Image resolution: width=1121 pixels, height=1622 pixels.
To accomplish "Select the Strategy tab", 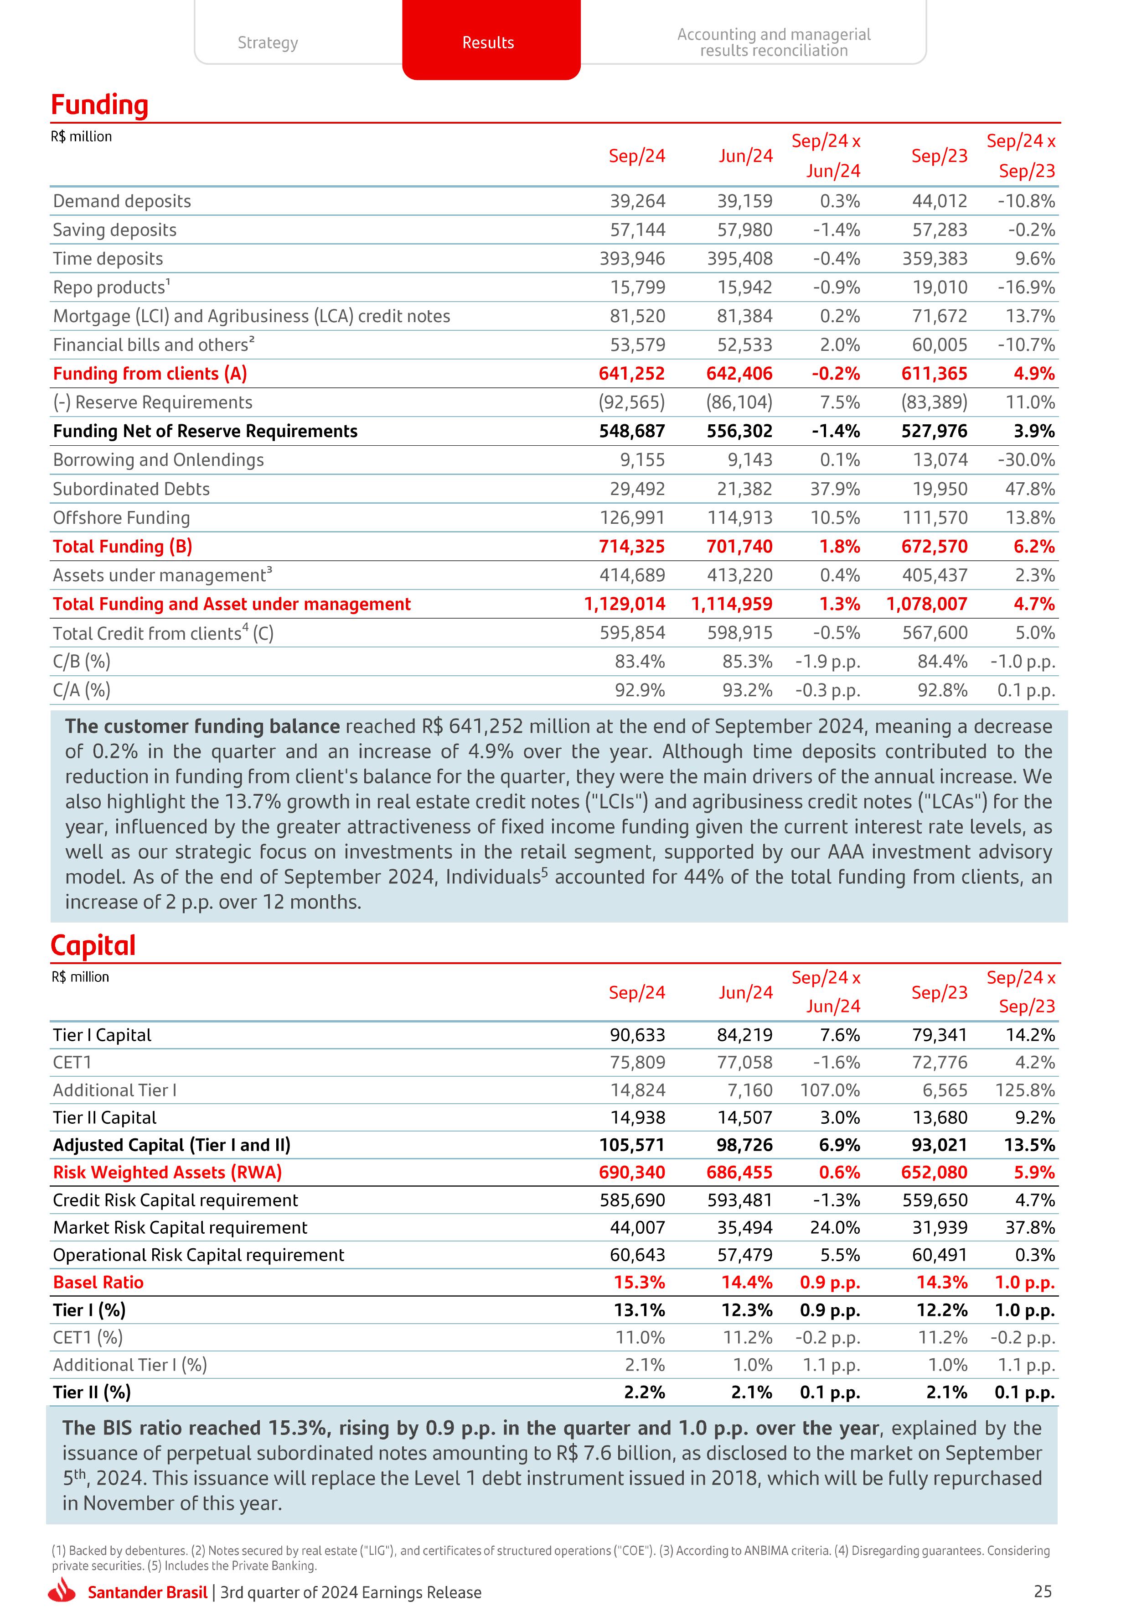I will pos(268,43).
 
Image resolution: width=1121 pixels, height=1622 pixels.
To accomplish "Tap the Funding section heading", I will pos(100,105).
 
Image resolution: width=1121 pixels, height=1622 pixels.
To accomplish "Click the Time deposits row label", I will pos(108,259).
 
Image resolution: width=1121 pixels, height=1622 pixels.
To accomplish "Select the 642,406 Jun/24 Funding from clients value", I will pos(739,374).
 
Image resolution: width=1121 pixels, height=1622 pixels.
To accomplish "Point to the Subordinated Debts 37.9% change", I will pos(835,489).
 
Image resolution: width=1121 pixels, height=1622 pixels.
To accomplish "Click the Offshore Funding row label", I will pos(122,518).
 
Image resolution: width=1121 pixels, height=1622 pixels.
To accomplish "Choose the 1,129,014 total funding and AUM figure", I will pos(625,605).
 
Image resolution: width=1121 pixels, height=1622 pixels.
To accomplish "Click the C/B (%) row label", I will pos(82,662).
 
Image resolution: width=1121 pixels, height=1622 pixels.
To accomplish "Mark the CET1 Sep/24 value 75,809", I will pos(637,1063).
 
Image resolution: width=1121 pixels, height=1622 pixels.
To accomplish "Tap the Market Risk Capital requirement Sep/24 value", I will pos(637,1228).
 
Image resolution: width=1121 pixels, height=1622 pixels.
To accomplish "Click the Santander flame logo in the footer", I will pos(62,1591).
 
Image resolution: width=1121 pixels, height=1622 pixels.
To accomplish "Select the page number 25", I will pos(1042,1591).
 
